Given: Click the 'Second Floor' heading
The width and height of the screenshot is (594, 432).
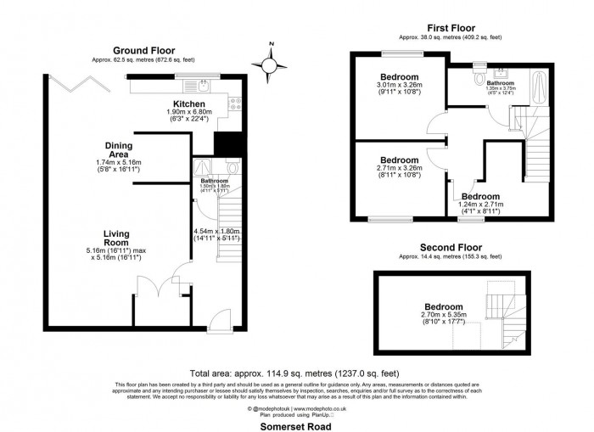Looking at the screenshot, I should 451,248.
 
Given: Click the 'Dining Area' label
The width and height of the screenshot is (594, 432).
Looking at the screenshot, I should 119,149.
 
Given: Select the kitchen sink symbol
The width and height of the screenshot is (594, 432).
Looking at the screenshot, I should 205,85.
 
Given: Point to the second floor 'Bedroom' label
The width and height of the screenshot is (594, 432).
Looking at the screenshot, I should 444,306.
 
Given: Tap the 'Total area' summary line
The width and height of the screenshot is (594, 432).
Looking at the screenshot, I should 297,373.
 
